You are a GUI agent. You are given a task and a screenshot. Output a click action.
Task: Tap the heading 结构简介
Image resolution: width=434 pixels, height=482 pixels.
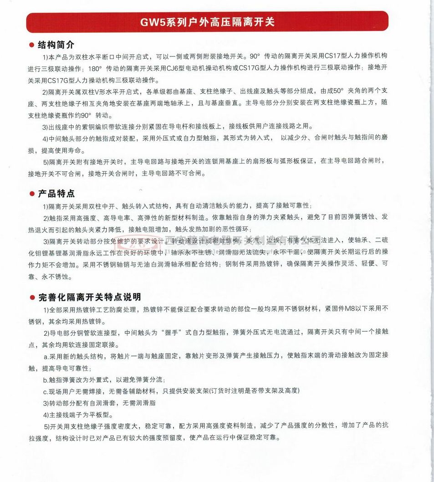56,45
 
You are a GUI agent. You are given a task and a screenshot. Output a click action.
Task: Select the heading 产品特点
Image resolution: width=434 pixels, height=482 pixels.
56,194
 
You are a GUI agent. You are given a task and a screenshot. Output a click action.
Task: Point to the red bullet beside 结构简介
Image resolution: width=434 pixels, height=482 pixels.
32,46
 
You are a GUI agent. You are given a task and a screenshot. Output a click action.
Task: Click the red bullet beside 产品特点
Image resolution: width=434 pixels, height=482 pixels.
32,194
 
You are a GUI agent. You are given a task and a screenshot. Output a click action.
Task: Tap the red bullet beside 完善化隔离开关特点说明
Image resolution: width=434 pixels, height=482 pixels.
32,298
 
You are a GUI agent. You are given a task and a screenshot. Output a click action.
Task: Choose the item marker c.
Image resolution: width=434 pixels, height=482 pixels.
45,391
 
